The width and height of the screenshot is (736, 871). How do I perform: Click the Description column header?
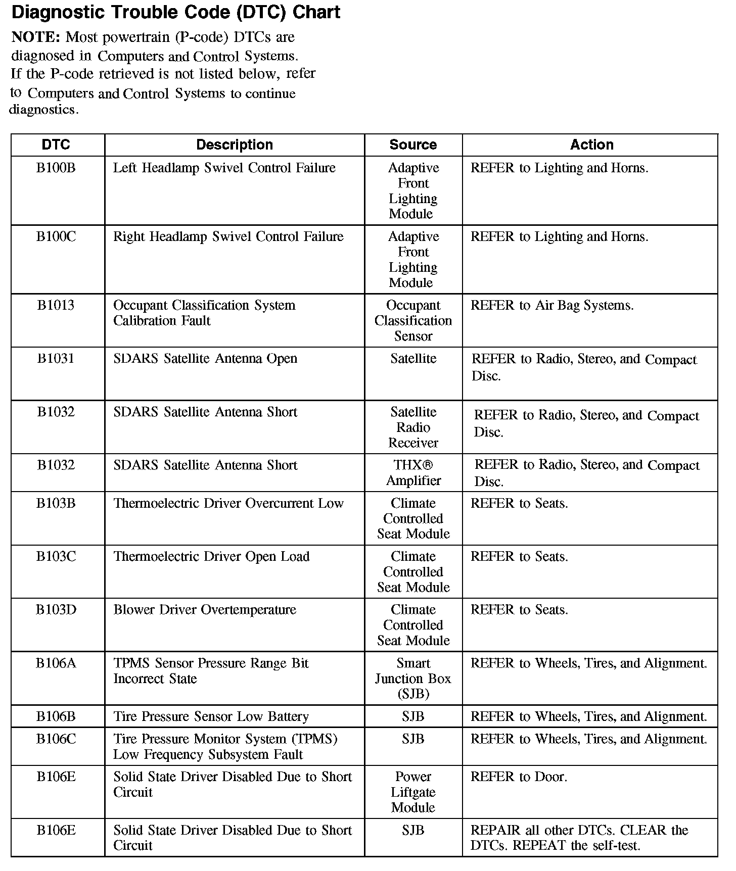234,145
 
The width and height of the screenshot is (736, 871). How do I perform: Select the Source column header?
413,145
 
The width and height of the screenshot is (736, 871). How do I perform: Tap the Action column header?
591,145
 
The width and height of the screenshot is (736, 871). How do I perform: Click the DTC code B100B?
56,168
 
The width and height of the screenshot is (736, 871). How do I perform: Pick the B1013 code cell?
56,305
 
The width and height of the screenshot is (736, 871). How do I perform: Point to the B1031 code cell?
56,359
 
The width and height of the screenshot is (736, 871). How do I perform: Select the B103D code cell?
56,610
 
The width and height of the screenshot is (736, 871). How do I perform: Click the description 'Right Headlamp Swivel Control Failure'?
228,236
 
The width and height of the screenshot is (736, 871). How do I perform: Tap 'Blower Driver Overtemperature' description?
205,610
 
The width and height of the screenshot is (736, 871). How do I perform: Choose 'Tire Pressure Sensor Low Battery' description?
211,716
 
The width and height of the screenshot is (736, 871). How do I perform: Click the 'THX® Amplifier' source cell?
413,473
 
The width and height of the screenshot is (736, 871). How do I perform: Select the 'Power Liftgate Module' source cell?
413,792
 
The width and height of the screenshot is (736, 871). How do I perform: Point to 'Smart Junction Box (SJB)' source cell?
413,679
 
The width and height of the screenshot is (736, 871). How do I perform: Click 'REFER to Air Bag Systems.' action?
551,306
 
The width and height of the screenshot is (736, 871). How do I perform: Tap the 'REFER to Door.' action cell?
519,777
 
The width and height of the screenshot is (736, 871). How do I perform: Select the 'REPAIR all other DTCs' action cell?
579,838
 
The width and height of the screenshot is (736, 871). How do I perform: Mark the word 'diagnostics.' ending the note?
44,110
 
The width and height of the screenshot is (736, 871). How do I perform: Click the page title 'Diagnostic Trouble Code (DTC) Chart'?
175,12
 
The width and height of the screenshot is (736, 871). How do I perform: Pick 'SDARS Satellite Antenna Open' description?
205,359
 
